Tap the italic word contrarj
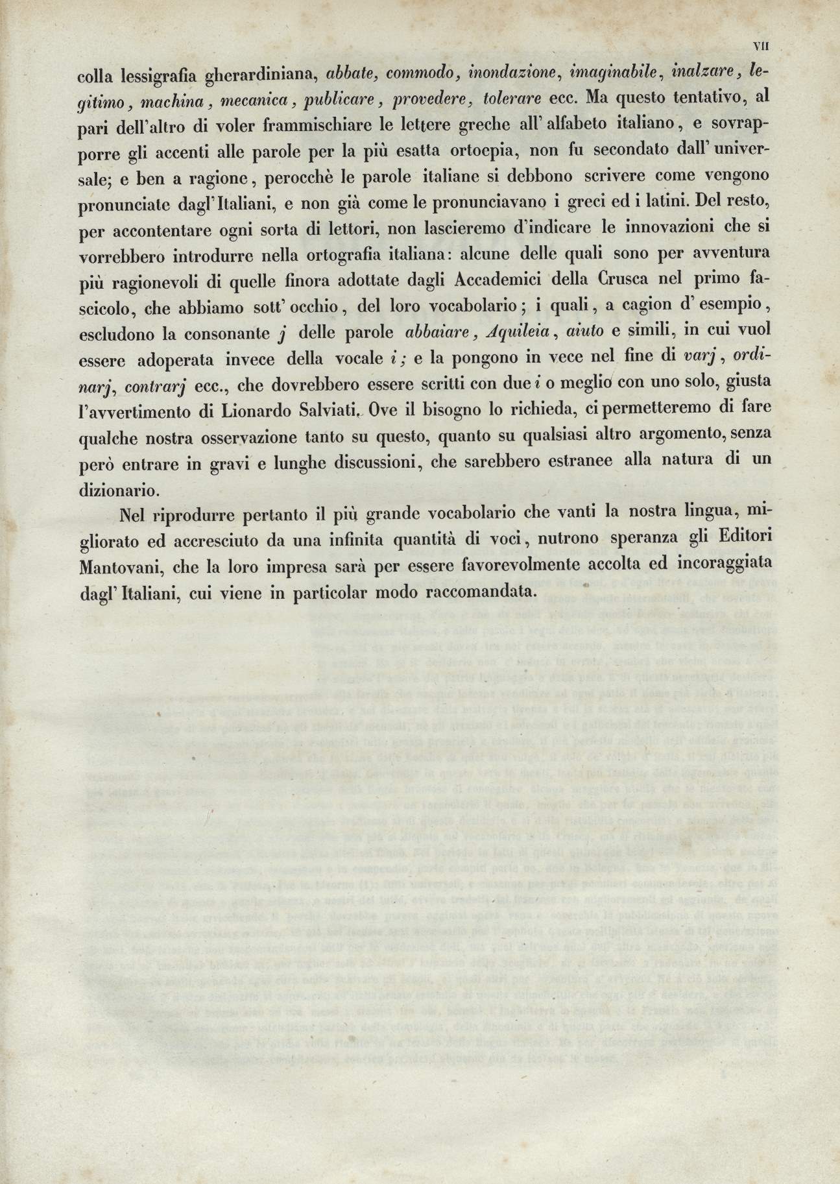point(156,385)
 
